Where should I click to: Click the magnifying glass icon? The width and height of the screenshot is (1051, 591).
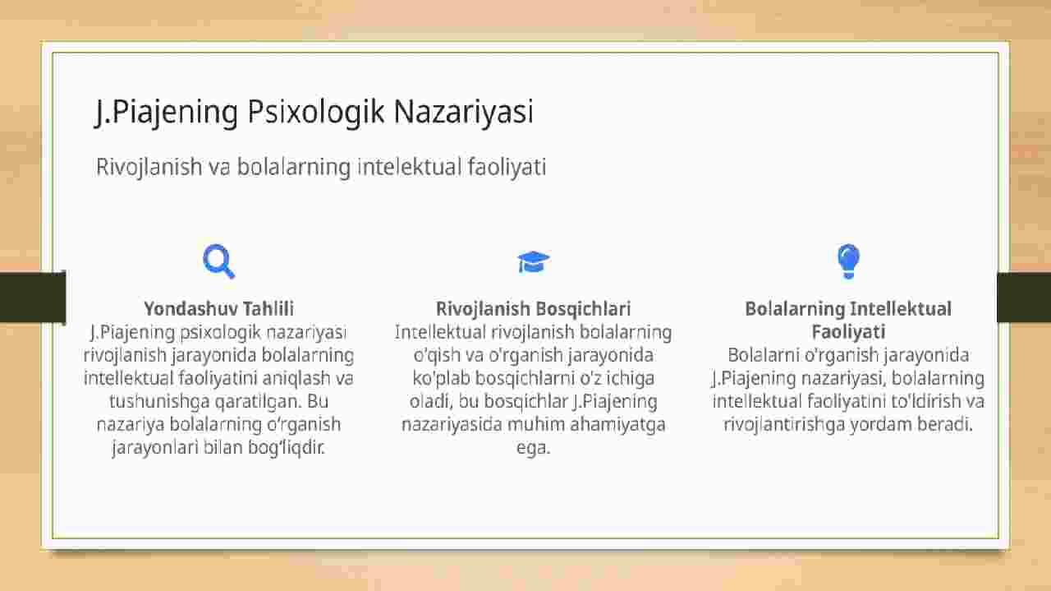click(218, 261)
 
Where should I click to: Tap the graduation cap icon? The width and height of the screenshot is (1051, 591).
click(533, 261)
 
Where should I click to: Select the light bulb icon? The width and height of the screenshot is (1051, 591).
click(848, 261)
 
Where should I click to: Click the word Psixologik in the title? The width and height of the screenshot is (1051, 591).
click(316, 112)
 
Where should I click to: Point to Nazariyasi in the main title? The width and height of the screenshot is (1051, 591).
click(464, 112)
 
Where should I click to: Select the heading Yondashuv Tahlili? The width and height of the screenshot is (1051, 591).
click(219, 309)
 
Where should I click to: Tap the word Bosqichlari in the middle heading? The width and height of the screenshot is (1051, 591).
click(582, 309)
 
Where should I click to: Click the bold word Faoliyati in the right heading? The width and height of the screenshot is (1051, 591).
click(848, 332)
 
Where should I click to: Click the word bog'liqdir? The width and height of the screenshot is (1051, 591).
click(287, 447)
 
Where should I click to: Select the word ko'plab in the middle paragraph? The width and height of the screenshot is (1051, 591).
click(441, 378)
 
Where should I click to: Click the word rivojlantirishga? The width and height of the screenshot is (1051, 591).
click(784, 424)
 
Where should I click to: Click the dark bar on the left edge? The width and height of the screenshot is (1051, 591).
click(33, 297)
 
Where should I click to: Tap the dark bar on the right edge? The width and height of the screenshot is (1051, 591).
click(1024, 298)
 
